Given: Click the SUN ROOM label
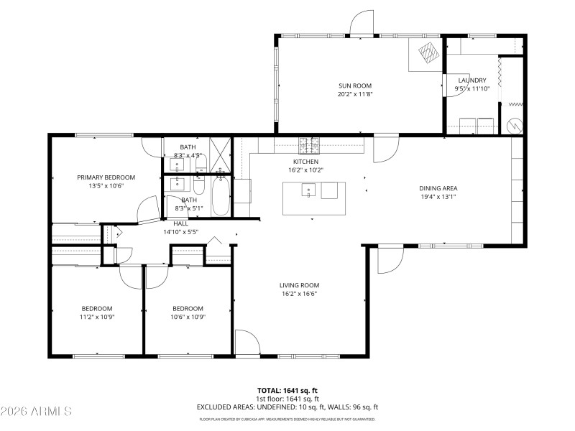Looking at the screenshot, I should (x=354, y=85).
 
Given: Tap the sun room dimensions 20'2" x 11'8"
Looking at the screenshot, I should (x=354, y=94).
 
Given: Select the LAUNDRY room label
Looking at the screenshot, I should (x=472, y=80).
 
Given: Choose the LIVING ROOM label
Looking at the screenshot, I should (x=299, y=285).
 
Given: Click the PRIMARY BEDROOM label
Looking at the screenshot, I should (x=106, y=177).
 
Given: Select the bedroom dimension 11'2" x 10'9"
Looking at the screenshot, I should (x=96, y=317).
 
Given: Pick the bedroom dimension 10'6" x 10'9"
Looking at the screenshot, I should (x=188, y=317).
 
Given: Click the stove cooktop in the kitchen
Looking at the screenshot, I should (x=310, y=145).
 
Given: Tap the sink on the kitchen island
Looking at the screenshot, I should (x=308, y=190).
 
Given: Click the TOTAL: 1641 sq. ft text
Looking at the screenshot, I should (x=287, y=390).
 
